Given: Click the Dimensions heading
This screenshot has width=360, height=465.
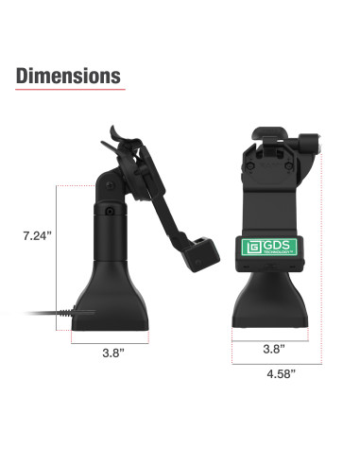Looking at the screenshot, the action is [68, 76].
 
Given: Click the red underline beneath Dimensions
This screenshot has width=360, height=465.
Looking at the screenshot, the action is [70, 90].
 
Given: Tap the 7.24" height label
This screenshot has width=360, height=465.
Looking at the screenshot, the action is [37, 235].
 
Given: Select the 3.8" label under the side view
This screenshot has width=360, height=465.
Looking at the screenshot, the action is [113, 353].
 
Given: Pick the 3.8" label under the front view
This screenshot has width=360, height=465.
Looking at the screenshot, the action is [274, 349].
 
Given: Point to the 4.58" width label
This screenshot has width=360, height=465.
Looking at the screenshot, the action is [282, 374].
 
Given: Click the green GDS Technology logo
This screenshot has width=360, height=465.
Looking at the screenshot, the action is [269, 247].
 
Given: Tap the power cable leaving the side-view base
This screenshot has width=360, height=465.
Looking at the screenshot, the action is [50, 313].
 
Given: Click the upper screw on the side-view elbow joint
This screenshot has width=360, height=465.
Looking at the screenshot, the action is [111, 185].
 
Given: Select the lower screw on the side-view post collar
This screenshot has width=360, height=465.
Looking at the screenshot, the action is [110, 211].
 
